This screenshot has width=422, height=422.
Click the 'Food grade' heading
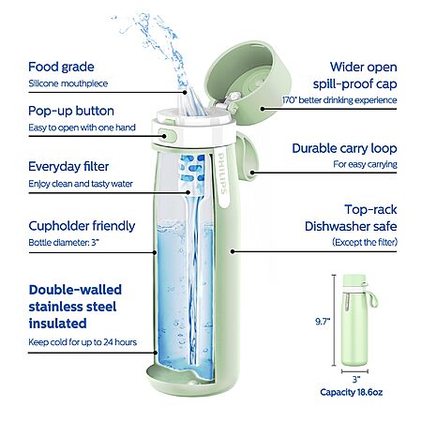pos(61,68)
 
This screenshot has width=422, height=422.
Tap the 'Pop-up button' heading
pos(71,111)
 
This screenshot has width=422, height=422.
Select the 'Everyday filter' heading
pos(68,167)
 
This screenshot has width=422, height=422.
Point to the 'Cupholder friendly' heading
pos(82,226)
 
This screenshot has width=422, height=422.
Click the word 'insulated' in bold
pos(57,324)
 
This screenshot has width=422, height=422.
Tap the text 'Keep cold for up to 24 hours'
pos(83,342)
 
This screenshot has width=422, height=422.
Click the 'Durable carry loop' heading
pos(344,148)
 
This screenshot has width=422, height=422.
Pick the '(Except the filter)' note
pos(365,242)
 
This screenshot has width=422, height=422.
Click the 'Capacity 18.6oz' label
pos(351,392)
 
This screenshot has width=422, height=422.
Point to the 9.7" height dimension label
pos(323,322)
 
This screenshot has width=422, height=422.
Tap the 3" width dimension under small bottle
pos(355,380)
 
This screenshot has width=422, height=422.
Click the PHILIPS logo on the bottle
pos(222,173)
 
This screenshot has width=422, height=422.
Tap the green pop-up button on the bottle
pos(168,136)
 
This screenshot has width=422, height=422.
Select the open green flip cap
pos(249,82)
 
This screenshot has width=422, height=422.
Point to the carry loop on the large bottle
pos(247,158)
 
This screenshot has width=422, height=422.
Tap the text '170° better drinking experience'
pos(339,100)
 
